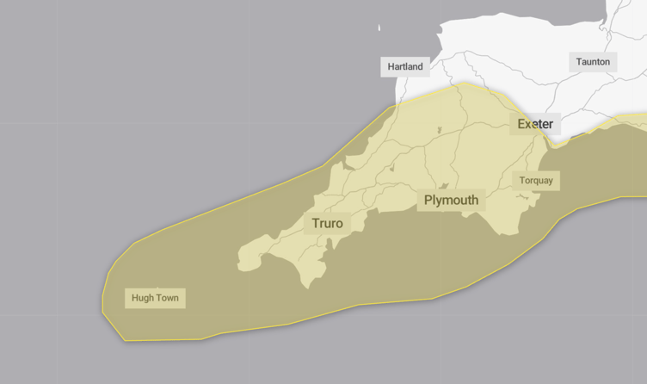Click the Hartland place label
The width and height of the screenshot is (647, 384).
(x=404, y=66)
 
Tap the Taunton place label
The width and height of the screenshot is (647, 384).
(x=593, y=61)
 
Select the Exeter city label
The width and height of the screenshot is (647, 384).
(x=535, y=124)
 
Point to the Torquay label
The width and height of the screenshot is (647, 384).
(x=536, y=181)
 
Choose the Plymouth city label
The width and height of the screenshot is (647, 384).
(x=451, y=201)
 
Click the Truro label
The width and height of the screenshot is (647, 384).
(x=327, y=224)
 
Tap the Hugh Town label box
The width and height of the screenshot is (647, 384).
(x=155, y=299)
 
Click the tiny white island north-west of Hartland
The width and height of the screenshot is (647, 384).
(x=379, y=28)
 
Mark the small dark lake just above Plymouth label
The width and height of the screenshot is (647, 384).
(x=445, y=185)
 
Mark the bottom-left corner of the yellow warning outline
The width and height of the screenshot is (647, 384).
(x=125, y=340)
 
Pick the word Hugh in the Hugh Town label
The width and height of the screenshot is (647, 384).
(x=142, y=299)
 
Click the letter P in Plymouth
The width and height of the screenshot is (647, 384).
(x=428, y=201)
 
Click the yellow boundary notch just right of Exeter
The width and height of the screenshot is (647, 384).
(x=557, y=145)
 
